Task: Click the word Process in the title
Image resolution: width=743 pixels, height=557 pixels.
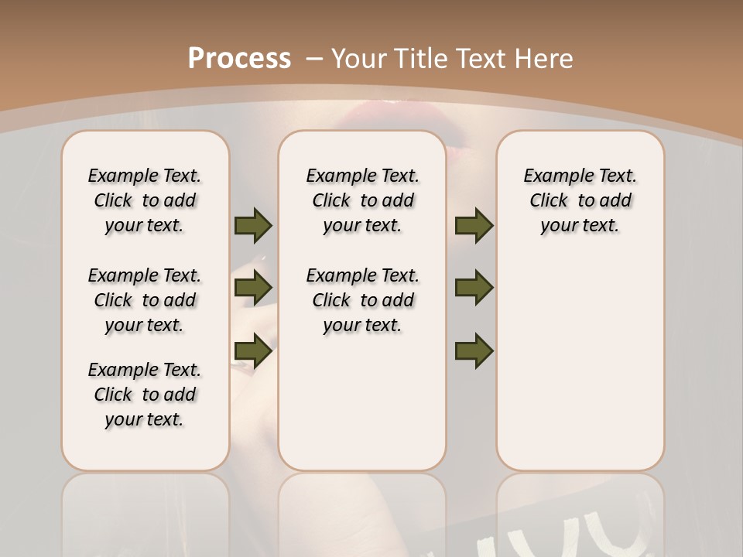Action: coord(239,58)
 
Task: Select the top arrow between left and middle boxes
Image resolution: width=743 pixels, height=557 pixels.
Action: coord(252,226)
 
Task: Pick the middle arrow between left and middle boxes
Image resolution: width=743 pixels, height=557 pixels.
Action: coord(252,288)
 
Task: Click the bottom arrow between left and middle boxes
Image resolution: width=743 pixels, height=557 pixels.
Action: coord(252,351)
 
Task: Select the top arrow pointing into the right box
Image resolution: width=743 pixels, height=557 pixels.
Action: coord(474,226)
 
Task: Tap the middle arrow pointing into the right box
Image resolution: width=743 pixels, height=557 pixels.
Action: coord(474,288)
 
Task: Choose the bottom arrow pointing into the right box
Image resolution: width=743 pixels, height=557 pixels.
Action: coord(474,351)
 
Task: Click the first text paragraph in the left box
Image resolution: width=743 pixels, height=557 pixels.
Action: coord(145,200)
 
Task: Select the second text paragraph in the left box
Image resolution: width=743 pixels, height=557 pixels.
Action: coord(145,300)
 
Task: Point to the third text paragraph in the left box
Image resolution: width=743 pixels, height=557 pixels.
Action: coord(145,395)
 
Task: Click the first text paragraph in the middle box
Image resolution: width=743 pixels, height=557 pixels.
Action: coord(362,200)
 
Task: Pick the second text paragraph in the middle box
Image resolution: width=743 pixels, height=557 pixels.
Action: coord(362,300)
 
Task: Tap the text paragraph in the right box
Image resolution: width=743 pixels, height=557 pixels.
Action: coord(580,200)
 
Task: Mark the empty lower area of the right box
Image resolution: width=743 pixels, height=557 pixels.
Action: coord(580,364)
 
